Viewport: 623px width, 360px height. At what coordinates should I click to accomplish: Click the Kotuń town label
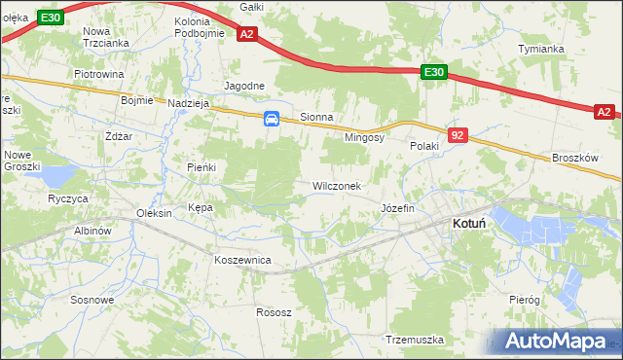click(470, 224)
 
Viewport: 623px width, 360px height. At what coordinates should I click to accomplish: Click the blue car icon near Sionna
click(272, 119)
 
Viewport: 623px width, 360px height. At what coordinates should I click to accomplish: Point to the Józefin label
click(398, 209)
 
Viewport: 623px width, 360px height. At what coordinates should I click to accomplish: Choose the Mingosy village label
click(365, 138)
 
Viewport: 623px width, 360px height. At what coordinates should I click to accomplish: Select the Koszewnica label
click(242, 261)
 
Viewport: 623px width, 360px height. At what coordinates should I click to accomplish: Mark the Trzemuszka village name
click(415, 341)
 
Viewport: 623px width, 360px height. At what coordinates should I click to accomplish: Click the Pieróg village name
click(524, 301)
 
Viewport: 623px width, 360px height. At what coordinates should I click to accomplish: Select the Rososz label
click(274, 312)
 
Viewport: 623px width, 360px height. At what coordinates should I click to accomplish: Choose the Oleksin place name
click(155, 213)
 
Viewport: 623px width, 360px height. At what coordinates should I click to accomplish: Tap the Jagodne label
click(244, 86)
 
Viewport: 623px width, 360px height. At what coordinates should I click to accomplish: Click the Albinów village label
click(94, 231)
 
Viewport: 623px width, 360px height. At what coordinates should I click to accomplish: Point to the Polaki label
click(425, 146)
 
